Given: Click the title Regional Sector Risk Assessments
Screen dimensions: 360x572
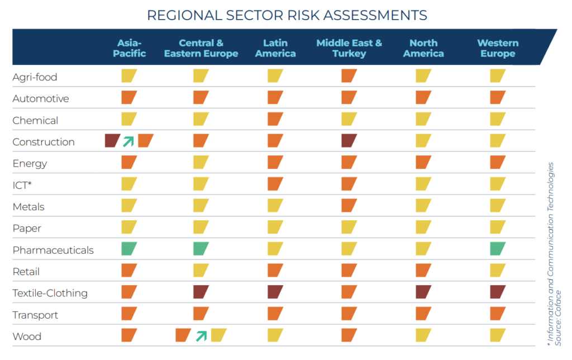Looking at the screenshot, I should (x=287, y=15).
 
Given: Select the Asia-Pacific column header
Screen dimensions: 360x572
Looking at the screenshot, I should (x=129, y=48).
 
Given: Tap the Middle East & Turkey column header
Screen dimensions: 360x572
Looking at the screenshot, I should (x=349, y=48).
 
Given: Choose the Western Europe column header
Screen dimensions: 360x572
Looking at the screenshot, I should (x=497, y=48).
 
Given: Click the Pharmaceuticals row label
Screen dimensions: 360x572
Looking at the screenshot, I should (x=53, y=250).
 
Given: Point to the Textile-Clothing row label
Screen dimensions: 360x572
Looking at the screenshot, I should (x=50, y=293).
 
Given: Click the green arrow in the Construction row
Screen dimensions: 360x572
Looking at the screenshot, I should (x=129, y=141).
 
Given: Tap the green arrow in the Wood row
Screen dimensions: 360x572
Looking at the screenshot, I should (x=201, y=335).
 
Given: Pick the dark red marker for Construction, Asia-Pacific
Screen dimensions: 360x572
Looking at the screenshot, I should (x=112, y=141).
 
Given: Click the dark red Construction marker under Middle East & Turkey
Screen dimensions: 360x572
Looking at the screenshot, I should (x=349, y=141).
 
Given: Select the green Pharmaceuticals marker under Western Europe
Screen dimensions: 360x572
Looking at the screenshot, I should (x=497, y=249).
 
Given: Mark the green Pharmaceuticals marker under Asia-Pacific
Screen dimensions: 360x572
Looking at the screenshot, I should (x=129, y=249).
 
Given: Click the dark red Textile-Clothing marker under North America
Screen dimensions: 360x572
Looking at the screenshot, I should (x=423, y=292).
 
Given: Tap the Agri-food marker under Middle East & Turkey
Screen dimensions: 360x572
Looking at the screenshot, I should (x=349, y=76).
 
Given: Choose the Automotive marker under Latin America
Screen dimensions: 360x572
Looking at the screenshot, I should (x=275, y=98).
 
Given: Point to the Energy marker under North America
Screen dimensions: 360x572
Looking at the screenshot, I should (x=423, y=163).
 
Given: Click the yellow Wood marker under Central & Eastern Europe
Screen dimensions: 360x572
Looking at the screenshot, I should (x=218, y=335).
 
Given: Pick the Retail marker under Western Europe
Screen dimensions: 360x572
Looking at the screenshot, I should (x=497, y=271).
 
